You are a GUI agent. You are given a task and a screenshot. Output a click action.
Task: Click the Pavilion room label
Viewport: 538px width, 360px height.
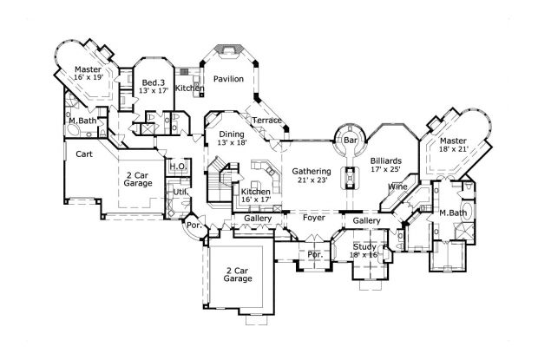(228, 79)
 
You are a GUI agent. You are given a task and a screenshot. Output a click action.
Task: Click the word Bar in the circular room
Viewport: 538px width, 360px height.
(351, 140)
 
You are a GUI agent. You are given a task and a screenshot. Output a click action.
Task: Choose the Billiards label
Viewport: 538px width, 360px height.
(385, 161)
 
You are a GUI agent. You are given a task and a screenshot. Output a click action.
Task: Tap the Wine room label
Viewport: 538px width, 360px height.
(397, 187)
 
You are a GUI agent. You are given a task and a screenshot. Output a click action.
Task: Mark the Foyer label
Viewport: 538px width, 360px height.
(312, 218)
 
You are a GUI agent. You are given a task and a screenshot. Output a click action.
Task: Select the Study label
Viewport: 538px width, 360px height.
(364, 245)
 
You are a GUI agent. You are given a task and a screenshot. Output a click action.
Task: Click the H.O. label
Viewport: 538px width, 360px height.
(179, 167)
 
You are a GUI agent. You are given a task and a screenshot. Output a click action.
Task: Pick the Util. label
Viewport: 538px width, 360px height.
(180, 192)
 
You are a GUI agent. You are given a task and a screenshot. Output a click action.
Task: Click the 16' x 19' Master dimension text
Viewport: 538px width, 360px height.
(87, 78)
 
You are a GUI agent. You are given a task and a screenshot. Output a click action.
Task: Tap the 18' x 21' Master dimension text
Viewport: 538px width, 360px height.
(451, 150)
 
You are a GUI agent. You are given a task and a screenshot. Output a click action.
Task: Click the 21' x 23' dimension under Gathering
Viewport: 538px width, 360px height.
(312, 181)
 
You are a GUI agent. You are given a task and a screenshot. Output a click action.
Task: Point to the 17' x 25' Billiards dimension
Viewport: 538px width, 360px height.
(385, 171)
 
